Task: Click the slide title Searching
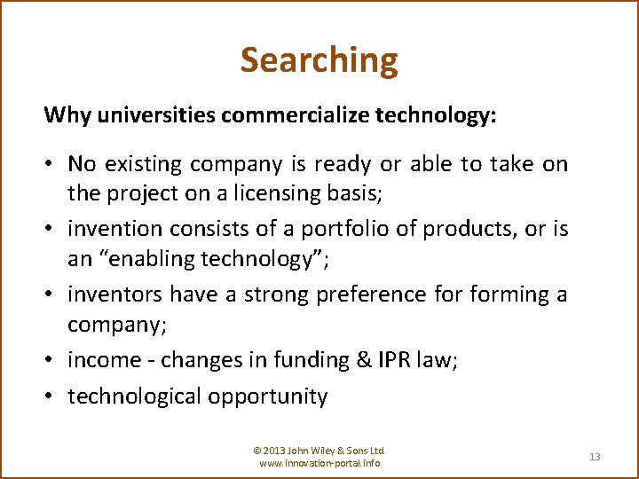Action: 319,60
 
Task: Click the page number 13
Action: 595,457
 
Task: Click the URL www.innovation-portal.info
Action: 319,464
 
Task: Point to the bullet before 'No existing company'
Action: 50,164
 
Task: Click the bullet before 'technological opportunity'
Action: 50,397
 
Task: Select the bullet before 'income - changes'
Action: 50,360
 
